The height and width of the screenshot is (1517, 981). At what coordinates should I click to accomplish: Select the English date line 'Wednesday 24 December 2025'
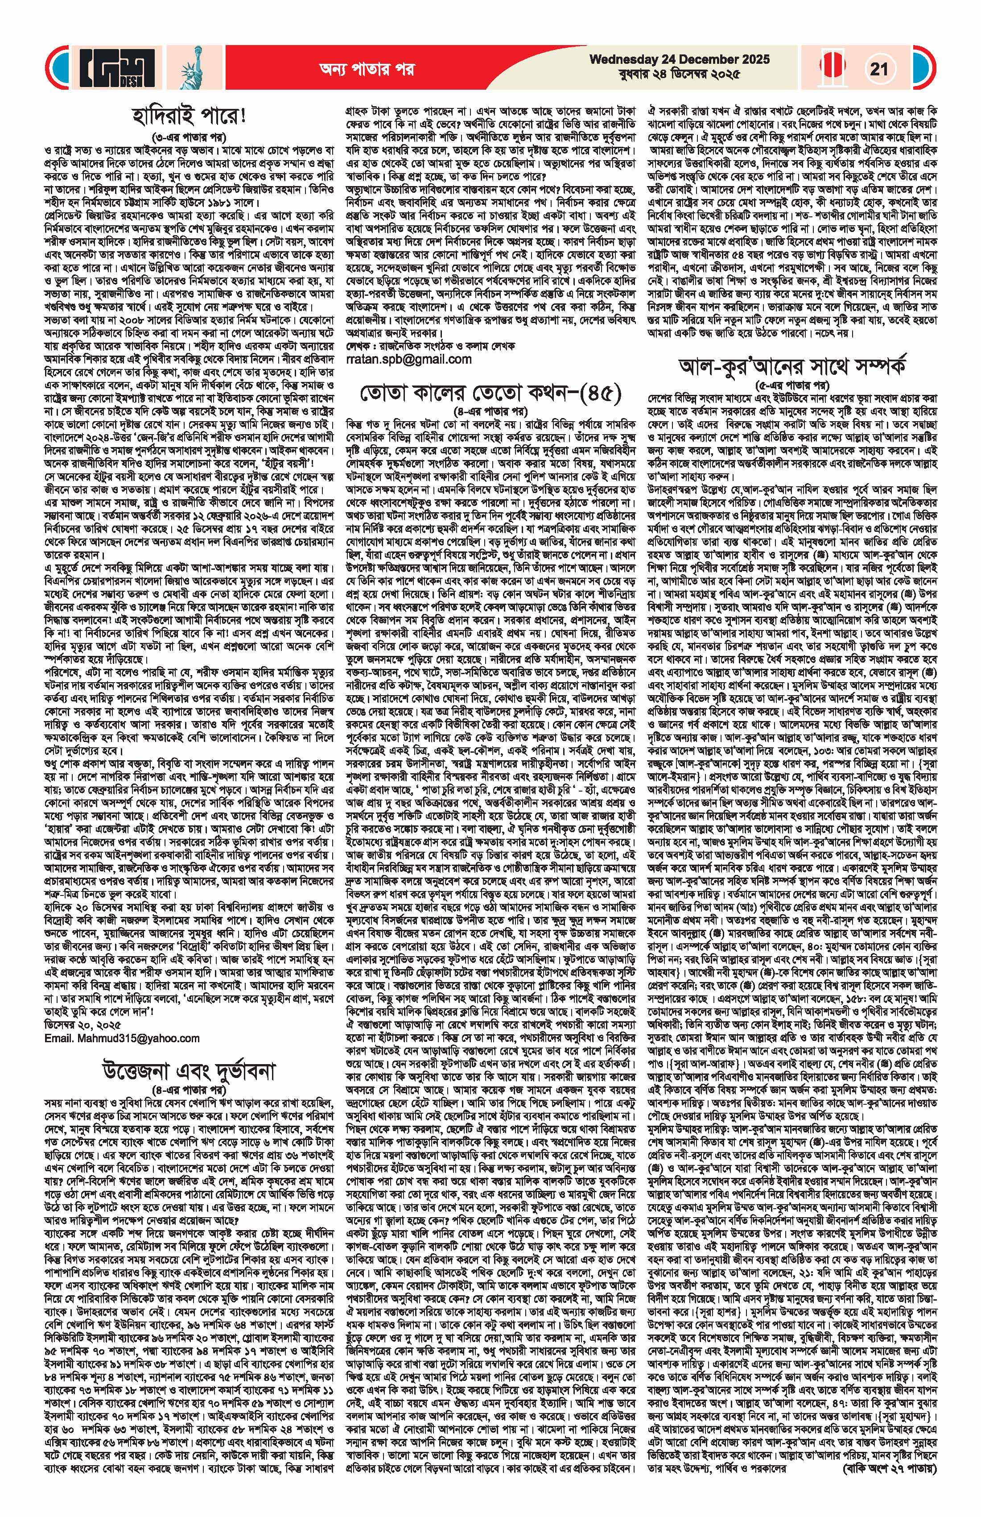click(x=679, y=60)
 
